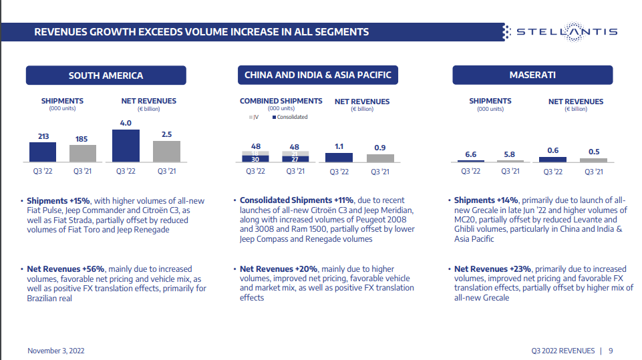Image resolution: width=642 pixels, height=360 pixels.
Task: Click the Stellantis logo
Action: pos(560,31)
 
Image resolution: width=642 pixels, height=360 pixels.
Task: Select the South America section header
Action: pos(106,75)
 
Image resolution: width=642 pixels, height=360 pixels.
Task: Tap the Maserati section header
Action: pos(532,75)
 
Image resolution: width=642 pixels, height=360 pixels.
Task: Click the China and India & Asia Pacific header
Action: pos(318,75)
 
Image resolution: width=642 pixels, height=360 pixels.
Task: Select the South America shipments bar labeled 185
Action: pos(83,154)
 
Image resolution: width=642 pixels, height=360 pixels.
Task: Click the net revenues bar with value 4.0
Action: pos(126,146)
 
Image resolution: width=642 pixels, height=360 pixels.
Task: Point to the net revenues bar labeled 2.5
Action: pos(166,151)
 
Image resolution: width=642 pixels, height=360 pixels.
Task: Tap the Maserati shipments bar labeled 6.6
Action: pos(471,161)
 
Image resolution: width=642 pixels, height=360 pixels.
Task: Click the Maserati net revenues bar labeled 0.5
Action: pos(594,160)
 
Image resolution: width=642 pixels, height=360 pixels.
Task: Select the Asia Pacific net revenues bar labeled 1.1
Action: pos(339,158)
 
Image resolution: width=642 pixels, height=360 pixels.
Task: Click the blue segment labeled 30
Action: pos(255,160)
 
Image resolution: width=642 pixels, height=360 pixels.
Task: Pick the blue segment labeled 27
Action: pos(295,160)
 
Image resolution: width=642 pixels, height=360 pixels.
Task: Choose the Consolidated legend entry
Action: pos(290,117)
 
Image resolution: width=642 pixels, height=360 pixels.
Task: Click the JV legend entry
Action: pos(254,117)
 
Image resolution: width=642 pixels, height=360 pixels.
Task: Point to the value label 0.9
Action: pos(380,148)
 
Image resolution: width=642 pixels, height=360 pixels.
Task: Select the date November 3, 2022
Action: pos(56,350)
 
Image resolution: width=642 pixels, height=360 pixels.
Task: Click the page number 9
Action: pos(611,350)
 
